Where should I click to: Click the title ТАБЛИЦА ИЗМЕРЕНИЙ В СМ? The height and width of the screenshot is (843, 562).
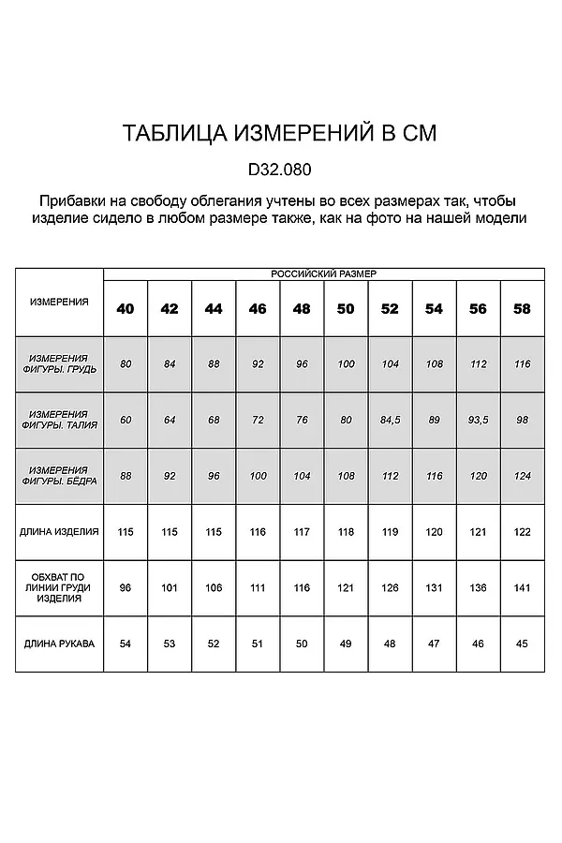279,134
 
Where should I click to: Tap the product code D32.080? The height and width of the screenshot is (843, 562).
279,171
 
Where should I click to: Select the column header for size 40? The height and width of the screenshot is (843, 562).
126,308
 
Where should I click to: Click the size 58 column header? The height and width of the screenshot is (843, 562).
522,308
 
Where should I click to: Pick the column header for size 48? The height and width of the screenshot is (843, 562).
302,308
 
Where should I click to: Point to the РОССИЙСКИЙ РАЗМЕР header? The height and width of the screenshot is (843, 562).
323,273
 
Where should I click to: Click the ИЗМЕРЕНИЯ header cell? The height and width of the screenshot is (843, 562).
59,302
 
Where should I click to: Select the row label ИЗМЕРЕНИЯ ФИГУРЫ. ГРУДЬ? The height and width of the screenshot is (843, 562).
59,363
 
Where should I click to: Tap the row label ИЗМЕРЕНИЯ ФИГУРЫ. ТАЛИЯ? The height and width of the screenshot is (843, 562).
59,420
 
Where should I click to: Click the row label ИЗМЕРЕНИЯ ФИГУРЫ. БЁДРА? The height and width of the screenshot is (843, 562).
59,475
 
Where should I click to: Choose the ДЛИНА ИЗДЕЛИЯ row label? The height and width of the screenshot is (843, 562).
59,531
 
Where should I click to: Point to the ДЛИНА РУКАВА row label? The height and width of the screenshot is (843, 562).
59,643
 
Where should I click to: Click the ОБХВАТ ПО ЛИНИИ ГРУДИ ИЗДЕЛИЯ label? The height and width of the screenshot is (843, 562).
59,587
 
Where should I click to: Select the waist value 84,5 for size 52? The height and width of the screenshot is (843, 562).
390,420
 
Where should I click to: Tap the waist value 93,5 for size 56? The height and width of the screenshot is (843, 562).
478,420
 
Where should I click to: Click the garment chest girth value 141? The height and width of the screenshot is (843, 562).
522,588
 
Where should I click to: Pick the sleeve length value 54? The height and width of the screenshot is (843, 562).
126,644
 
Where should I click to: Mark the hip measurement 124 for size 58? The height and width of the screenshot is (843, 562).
522,476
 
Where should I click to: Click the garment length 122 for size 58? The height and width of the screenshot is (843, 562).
522,532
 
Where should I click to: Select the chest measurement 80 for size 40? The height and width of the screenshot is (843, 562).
126,363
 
